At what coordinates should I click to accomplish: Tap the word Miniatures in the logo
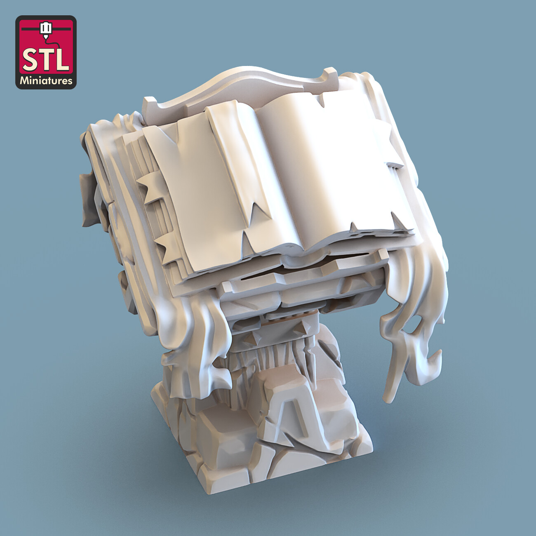click(x=46, y=81)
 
